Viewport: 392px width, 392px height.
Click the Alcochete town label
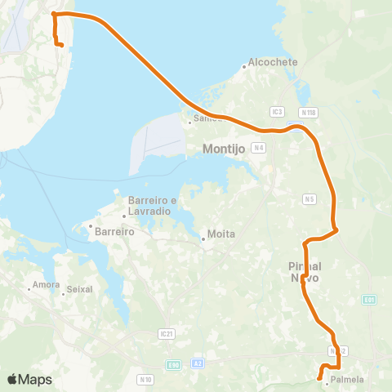274,62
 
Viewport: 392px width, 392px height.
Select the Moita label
221,234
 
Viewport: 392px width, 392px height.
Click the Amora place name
42,286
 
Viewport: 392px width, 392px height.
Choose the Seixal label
78,289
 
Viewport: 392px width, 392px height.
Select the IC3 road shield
278,111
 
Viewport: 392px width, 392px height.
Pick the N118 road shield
308,111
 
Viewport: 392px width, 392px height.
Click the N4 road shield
259,147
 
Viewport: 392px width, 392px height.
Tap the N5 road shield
309,198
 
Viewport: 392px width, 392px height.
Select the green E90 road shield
173,364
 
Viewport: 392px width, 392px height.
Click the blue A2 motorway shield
198,364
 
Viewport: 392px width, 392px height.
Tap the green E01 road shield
370,300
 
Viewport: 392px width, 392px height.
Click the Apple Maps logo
29,379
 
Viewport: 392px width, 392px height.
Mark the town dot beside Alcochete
244,67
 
